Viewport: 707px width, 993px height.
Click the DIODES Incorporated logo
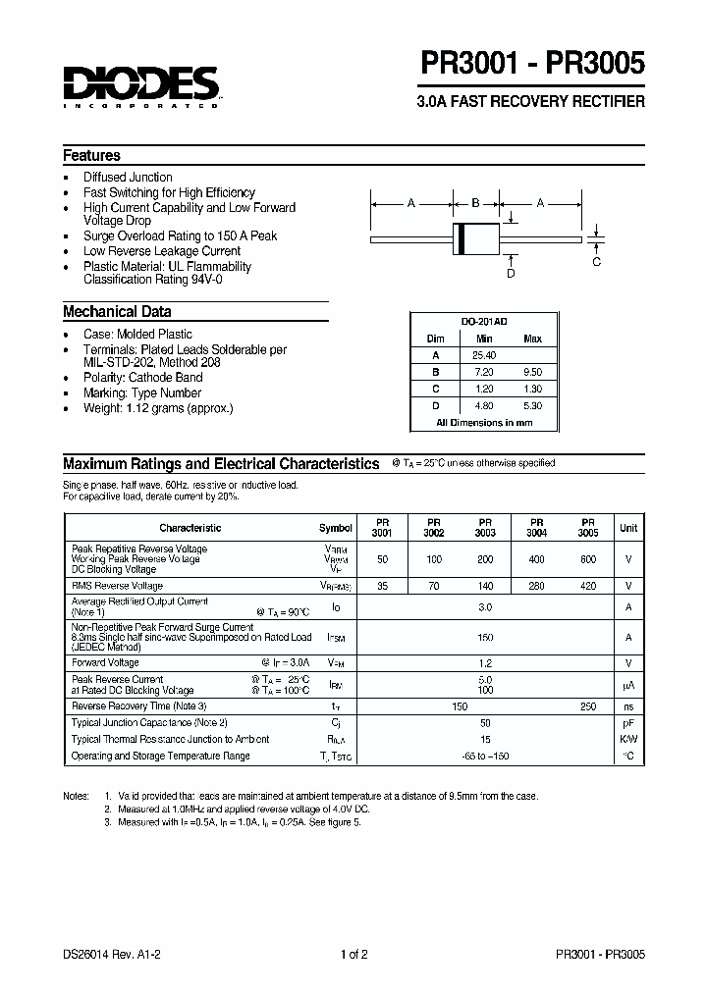click(x=140, y=85)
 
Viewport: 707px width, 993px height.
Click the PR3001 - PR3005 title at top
click(x=533, y=64)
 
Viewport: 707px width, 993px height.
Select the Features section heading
click(x=91, y=156)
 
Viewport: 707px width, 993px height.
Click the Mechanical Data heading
click(x=117, y=312)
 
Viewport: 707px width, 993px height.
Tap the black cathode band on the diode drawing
click(x=459, y=238)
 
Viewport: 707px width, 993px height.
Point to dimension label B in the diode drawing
click(x=475, y=203)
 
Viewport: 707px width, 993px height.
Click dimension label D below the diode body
click(x=511, y=274)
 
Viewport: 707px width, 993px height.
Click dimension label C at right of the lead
click(x=596, y=261)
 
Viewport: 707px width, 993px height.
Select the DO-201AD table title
click(x=484, y=322)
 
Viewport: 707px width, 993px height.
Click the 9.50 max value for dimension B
click(x=532, y=372)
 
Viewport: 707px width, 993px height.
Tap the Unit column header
click(x=628, y=528)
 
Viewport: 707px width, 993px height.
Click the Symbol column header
click(x=335, y=528)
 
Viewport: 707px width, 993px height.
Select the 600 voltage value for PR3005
click(x=587, y=559)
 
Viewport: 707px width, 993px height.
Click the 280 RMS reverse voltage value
click(x=536, y=586)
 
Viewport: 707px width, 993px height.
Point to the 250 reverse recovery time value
click(x=587, y=706)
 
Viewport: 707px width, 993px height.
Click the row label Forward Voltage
click(x=105, y=662)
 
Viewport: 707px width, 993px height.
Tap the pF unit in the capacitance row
click(x=628, y=722)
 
